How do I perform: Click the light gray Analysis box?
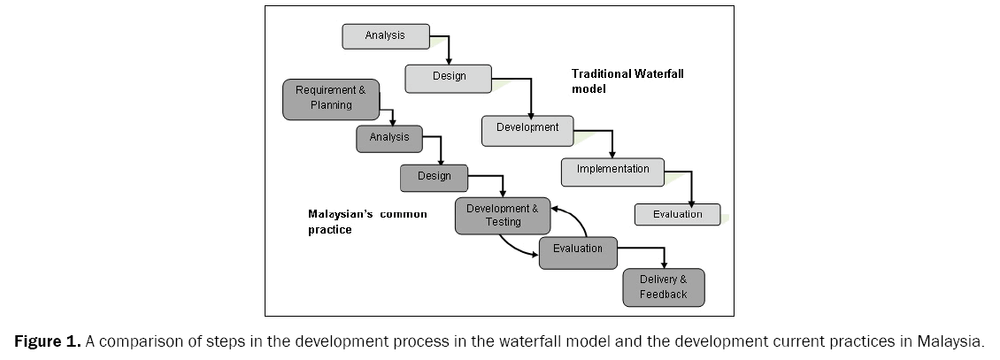[x=385, y=36]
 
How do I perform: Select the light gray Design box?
[x=449, y=77]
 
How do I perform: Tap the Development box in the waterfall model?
[x=527, y=129]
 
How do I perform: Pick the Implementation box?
[x=612, y=170]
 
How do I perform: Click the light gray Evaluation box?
[x=677, y=215]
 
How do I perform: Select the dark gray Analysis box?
[x=389, y=138]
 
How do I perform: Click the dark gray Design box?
[x=434, y=177]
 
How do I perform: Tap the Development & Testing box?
[x=502, y=216]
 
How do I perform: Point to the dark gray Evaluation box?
[x=577, y=250]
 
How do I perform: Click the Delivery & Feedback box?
[x=664, y=287]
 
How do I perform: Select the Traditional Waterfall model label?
[x=627, y=81]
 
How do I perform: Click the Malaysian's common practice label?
[x=366, y=222]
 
